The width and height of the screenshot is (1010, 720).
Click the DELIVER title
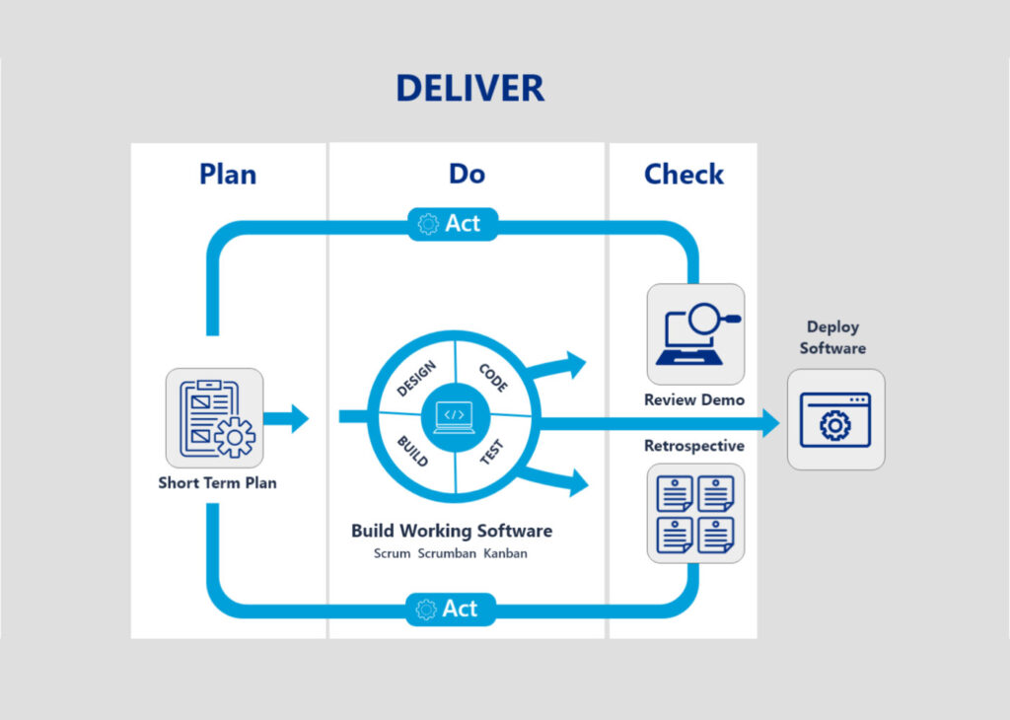coord(469,88)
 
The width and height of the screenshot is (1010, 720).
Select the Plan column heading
coord(228,175)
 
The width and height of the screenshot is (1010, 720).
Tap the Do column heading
coord(467,175)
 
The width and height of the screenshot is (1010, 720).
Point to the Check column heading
coord(684,175)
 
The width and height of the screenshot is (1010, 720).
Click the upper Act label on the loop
coord(452,224)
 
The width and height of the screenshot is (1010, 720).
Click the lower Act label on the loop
coord(452,609)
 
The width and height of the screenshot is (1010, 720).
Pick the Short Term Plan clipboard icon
coord(215,417)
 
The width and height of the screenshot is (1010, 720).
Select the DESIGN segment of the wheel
coord(416,380)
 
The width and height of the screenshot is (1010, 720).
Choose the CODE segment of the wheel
coord(493,379)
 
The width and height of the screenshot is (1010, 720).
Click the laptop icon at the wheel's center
coord(454,415)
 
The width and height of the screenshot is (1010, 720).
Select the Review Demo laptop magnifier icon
coord(695,334)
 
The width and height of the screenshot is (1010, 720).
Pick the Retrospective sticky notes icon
coord(695,513)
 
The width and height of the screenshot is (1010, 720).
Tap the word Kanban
coord(505,554)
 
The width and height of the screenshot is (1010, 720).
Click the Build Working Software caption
coord(452,531)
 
